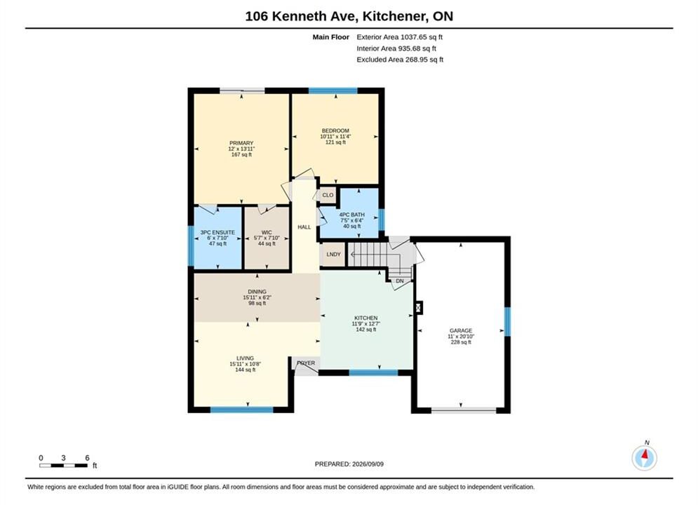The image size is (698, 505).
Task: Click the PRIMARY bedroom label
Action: (241, 143)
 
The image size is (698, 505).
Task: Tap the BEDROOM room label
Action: (335, 131)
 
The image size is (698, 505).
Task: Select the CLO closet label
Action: (328, 195)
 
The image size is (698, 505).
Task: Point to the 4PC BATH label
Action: (351, 215)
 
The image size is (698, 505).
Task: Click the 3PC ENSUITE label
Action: (217, 232)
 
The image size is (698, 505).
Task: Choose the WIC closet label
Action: (267, 232)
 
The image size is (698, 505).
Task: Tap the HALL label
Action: (304, 227)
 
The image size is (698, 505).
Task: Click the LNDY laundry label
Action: (333, 255)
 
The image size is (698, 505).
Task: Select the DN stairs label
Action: (400, 281)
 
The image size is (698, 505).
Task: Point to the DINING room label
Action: (257, 292)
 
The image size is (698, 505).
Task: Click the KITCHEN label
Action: (366, 318)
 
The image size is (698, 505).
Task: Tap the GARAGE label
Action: (461, 330)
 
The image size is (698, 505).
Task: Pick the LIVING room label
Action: (246, 358)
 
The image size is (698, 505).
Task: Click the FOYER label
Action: (306, 363)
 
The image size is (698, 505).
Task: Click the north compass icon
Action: (645, 457)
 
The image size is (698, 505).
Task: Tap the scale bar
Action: (63, 466)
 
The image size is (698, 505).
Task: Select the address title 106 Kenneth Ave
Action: (301, 16)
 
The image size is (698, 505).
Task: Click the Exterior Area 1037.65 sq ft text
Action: (399, 37)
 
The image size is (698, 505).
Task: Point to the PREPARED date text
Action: (349, 464)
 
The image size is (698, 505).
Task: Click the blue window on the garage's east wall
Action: (507, 322)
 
